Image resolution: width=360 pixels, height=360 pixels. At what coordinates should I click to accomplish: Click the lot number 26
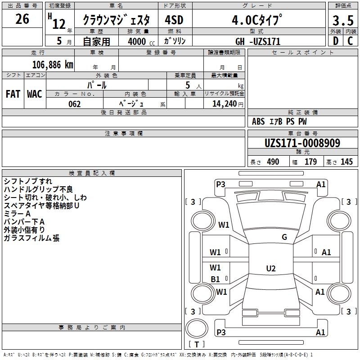click(x=22, y=19)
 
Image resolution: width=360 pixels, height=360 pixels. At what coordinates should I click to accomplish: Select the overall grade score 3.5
click(x=342, y=21)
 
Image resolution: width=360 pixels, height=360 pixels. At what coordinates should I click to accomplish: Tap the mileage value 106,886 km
click(x=53, y=65)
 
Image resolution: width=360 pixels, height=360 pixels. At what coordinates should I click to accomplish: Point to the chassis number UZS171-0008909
click(x=302, y=143)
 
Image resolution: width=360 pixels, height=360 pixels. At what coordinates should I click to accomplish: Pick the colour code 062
click(x=74, y=104)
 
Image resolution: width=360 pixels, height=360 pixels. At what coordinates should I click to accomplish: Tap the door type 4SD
click(x=174, y=20)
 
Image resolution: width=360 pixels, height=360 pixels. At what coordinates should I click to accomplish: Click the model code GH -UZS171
click(x=261, y=41)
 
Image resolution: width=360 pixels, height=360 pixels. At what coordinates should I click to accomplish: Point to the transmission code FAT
click(x=13, y=94)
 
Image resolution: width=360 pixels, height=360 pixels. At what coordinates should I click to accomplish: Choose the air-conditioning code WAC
click(x=34, y=94)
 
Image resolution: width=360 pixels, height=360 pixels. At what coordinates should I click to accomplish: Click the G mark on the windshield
click(x=284, y=237)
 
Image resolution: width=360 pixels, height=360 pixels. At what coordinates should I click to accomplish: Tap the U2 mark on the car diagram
click(x=271, y=269)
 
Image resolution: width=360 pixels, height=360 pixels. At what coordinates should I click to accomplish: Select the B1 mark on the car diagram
click(x=216, y=279)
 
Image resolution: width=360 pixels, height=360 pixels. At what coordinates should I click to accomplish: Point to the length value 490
click(x=273, y=162)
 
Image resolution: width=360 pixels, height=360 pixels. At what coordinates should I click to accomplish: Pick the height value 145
click(x=346, y=162)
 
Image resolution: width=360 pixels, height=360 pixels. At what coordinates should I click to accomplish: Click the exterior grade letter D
click(x=335, y=41)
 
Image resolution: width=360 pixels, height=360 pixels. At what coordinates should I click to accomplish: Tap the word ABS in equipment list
click(x=258, y=121)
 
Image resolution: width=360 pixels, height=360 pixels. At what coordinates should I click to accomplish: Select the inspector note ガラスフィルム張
click(x=31, y=238)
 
